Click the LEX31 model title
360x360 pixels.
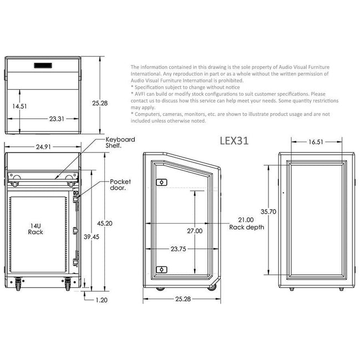point(234,141)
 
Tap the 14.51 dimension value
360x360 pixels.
point(19,107)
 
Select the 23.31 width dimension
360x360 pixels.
point(57,119)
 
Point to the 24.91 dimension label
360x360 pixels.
point(43,147)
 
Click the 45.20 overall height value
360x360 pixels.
point(105,224)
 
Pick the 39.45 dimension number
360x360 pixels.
point(92,237)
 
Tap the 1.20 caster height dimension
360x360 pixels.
point(102,300)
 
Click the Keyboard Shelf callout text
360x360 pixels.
point(120,143)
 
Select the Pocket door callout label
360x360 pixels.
point(120,185)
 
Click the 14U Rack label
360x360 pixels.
point(36,229)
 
